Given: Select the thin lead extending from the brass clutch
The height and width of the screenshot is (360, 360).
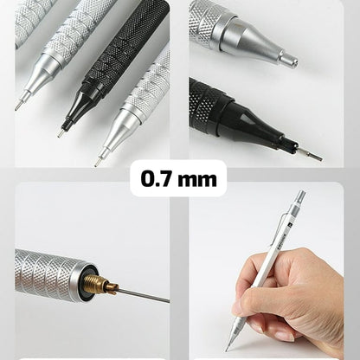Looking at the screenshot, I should point(143,294).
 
